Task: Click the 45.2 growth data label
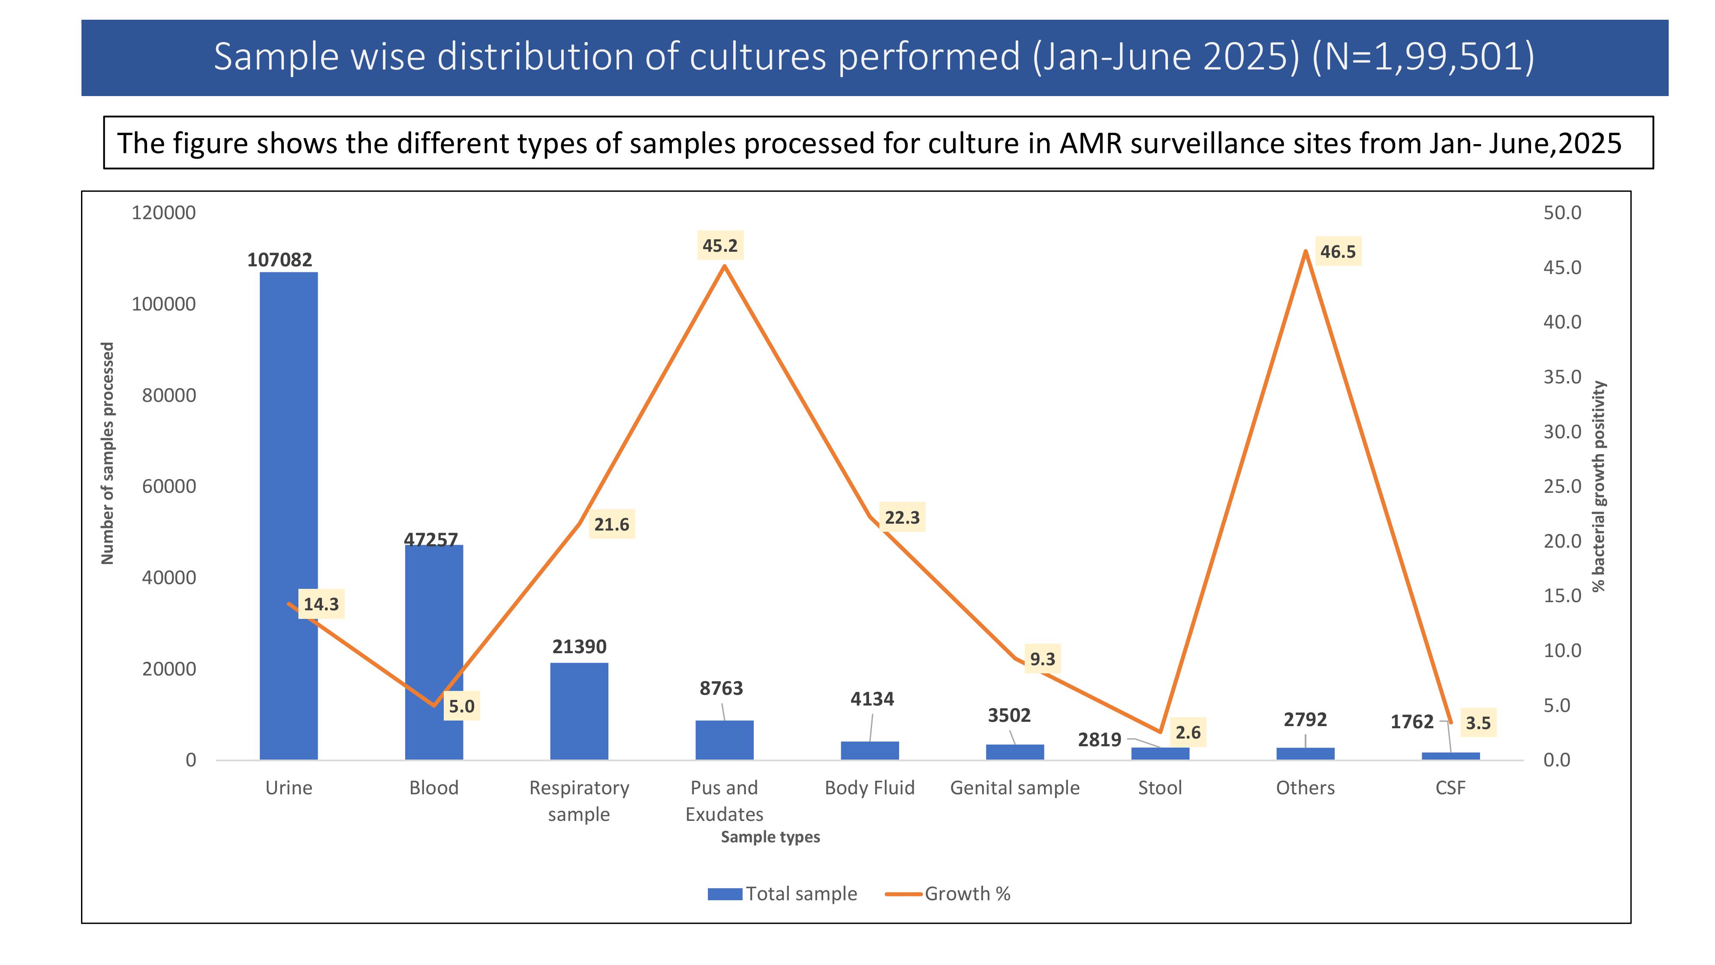click(x=720, y=246)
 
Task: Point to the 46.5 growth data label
click(x=1338, y=252)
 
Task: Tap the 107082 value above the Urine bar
click(x=280, y=260)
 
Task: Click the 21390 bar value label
click(x=579, y=647)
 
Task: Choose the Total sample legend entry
click(x=783, y=894)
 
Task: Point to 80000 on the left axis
click(x=168, y=395)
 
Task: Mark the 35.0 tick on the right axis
click(x=1562, y=377)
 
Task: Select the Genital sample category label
click(x=1014, y=788)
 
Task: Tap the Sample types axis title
click(x=770, y=837)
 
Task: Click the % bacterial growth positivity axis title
click(x=1598, y=486)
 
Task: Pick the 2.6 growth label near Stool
click(x=1188, y=733)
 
